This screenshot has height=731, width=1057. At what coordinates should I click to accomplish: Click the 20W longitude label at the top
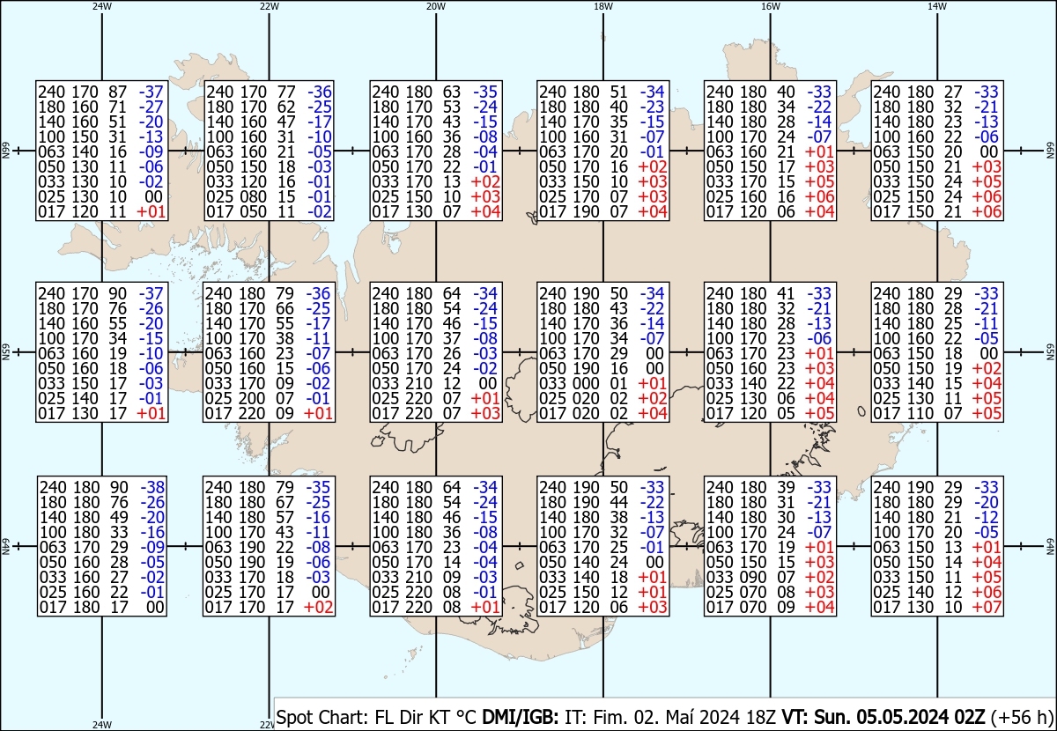435,6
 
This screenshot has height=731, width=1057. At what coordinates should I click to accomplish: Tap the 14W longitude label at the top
937,6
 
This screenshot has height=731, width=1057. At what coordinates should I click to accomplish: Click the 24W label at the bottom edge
102,725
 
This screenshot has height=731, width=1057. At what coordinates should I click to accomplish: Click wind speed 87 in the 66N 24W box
115,92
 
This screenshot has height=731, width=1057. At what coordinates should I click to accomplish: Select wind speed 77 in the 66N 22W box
283,92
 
